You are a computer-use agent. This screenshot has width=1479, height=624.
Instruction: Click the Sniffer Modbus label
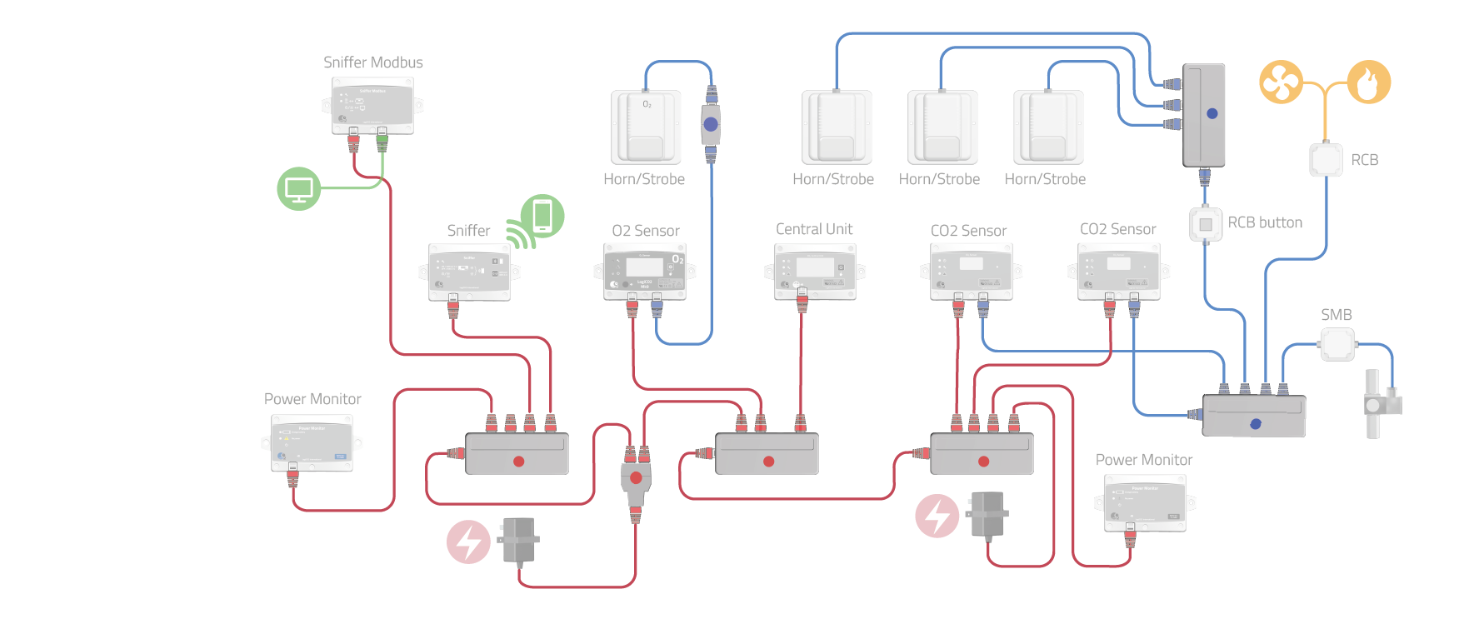coord(372,62)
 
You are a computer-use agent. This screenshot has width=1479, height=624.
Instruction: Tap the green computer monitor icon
coord(298,189)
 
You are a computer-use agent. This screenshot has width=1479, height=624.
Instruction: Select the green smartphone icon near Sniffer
coord(542,215)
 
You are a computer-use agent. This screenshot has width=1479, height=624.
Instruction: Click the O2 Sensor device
coord(644,272)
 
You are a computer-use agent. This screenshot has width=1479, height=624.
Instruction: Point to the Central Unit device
coord(815,271)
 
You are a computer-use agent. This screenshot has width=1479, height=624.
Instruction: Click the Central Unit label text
coord(814,229)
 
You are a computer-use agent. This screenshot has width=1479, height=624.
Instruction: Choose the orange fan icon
coord(1281,82)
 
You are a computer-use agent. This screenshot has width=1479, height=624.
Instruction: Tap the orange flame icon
coord(1368,82)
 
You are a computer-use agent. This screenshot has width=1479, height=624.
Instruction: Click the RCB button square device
coord(1205,224)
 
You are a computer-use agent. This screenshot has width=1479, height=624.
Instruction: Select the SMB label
coord(1336,315)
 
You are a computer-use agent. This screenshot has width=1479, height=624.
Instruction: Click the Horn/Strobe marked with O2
coord(646,127)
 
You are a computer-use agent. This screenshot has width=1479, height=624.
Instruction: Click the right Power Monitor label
coord(1143,460)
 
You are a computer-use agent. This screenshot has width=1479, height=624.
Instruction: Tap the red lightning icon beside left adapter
coord(468,542)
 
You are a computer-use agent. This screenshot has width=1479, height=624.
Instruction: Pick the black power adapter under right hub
coord(987,515)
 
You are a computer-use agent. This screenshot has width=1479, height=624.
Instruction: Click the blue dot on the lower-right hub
coord(1256,424)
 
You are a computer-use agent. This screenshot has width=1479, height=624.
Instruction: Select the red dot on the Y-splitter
coord(636,478)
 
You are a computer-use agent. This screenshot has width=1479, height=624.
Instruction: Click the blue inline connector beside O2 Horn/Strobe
coord(710,125)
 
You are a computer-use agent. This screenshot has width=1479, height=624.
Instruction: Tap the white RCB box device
coord(1325,160)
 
